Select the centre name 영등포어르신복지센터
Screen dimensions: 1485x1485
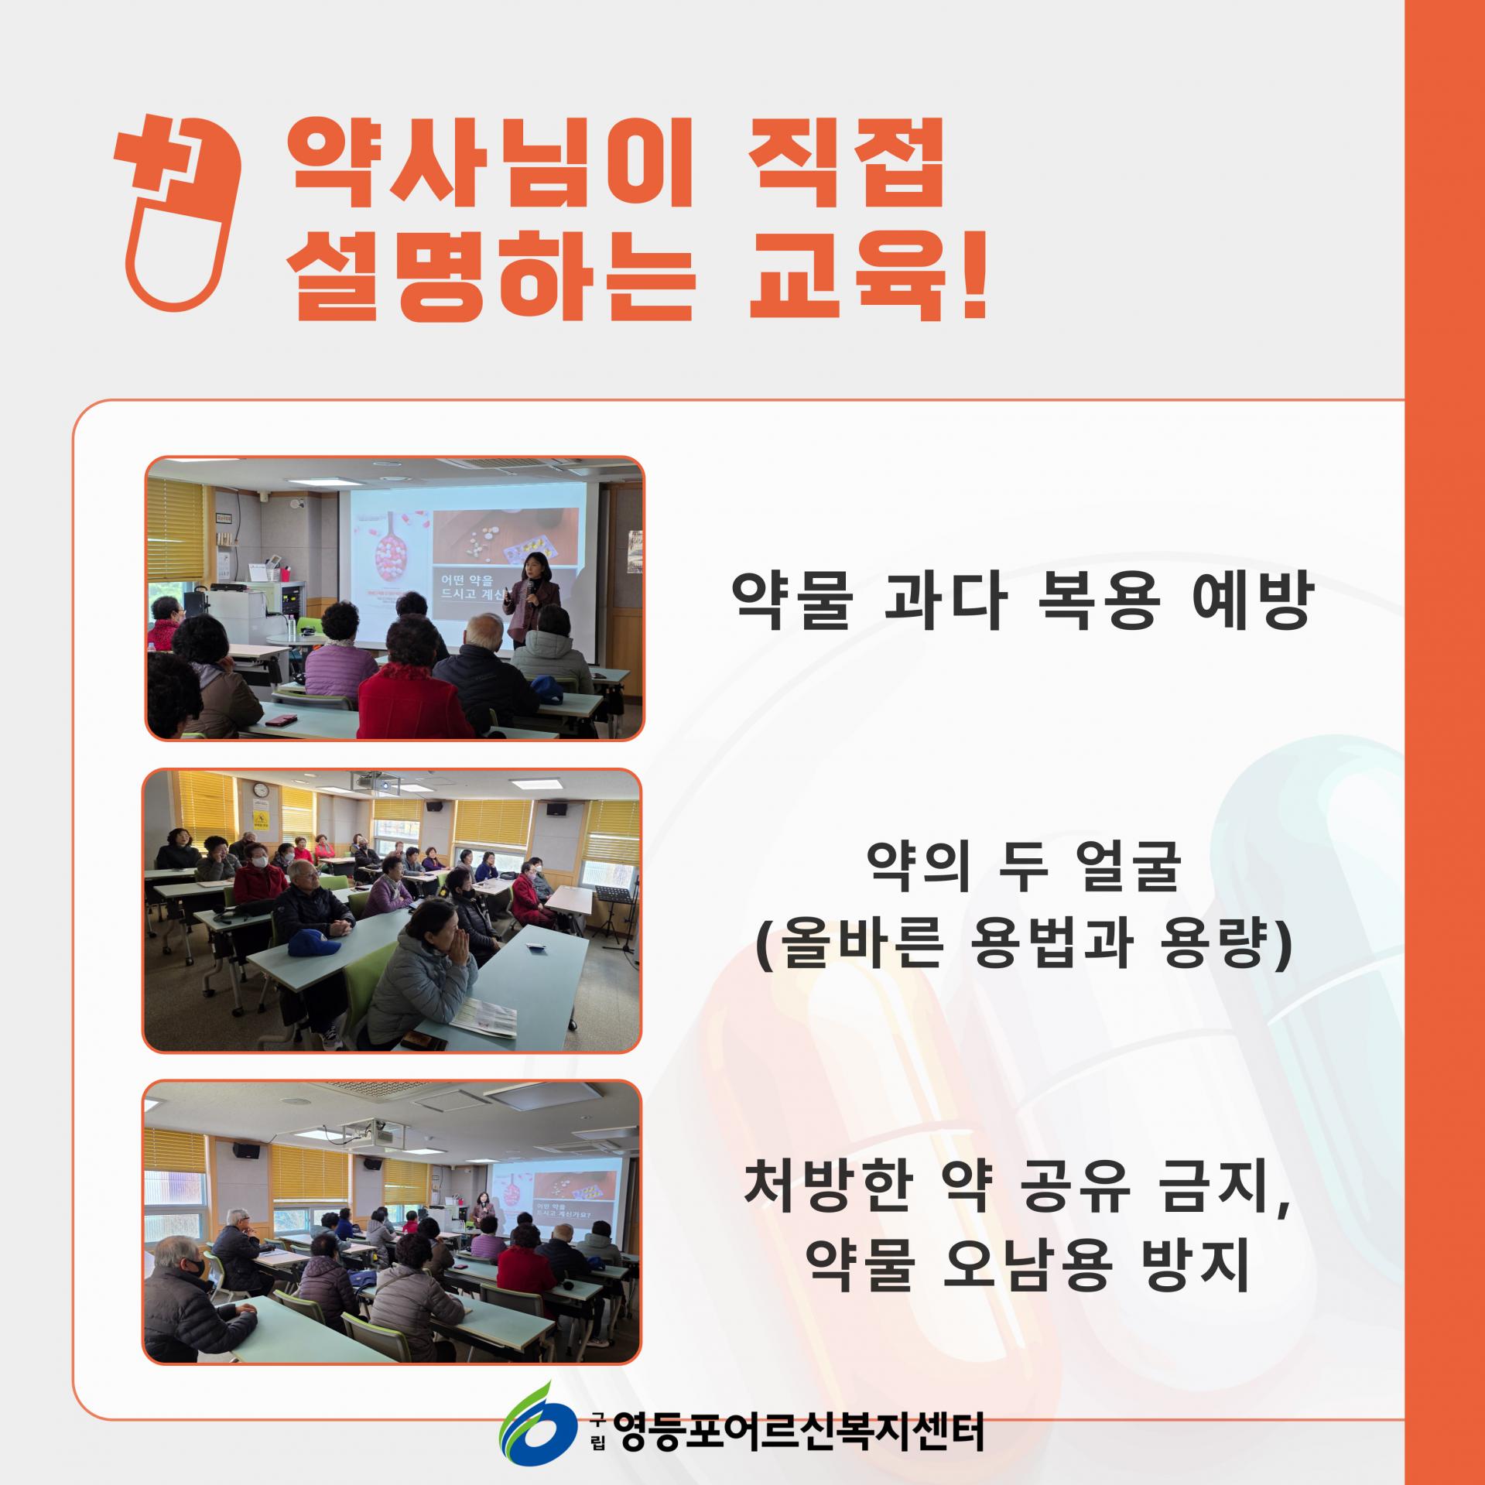point(797,1431)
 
